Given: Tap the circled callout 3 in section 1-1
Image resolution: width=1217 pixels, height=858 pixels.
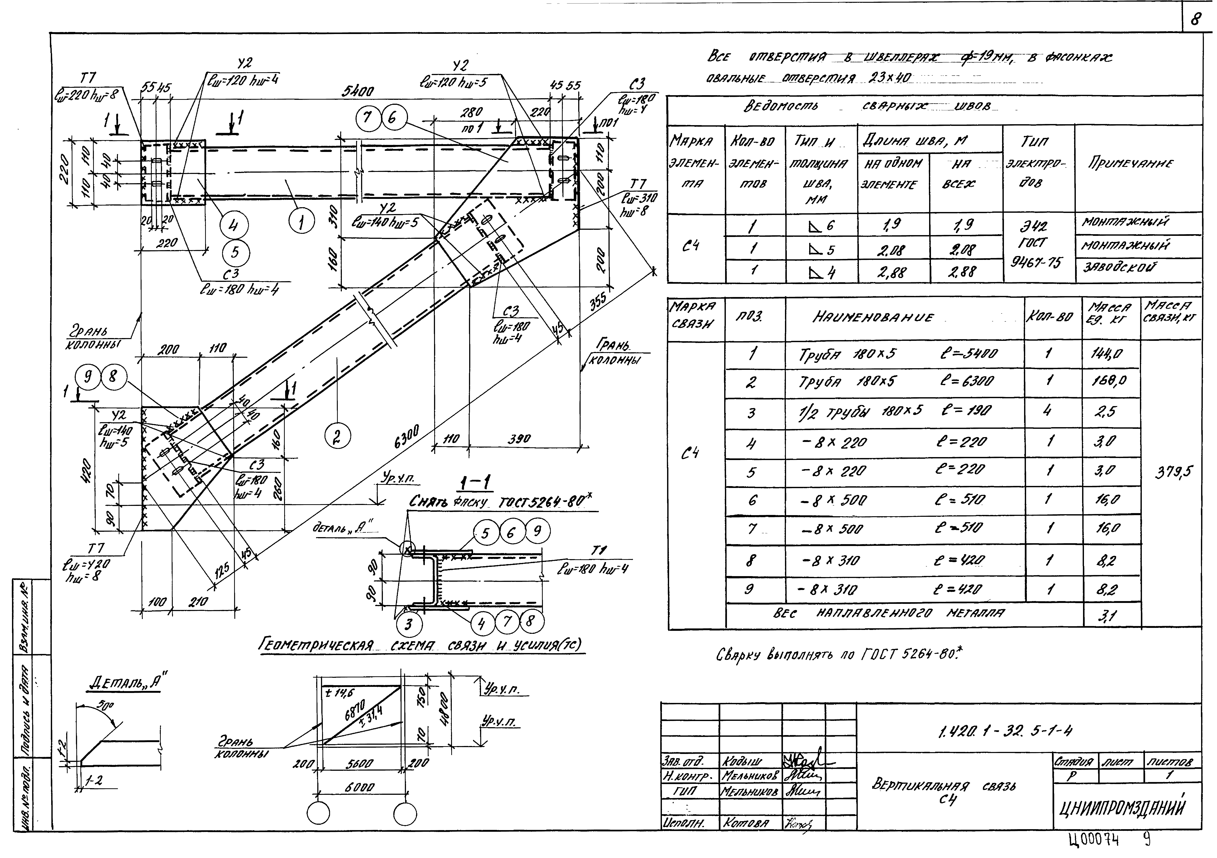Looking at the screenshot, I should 408,624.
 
